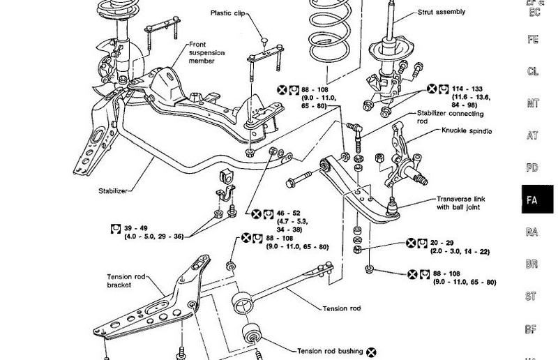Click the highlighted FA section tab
coord(532,200)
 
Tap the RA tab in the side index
coord(532,232)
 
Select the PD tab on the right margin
coord(532,168)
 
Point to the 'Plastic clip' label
coord(232,13)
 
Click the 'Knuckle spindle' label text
coord(465,130)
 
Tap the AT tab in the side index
coord(532,136)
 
